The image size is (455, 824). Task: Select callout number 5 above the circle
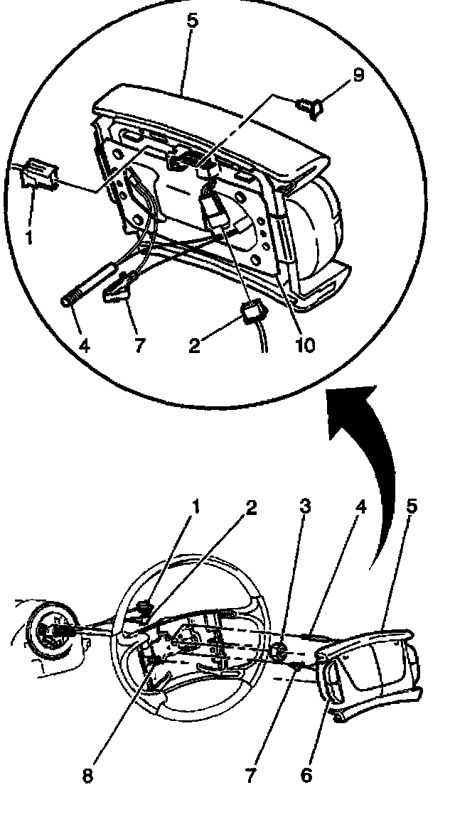tap(192, 20)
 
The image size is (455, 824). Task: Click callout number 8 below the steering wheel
tap(87, 776)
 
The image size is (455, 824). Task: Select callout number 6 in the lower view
tap(306, 774)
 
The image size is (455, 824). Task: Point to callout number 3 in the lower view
tap(304, 507)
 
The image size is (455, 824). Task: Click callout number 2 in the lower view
tap(250, 507)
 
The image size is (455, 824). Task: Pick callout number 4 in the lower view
tap(360, 507)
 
